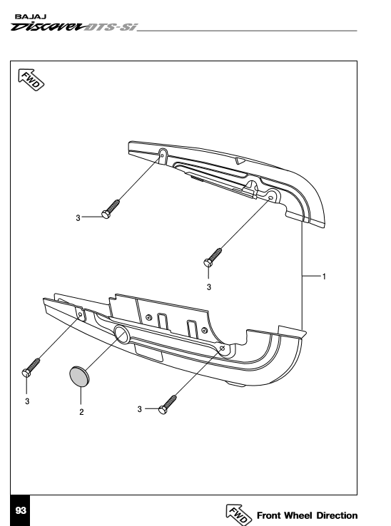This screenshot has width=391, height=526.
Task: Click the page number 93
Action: pos(21,510)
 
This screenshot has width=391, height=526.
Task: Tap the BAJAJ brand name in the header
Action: pos(31,17)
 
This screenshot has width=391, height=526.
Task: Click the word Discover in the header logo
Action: pos(47,27)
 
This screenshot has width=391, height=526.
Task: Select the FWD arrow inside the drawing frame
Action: pos(31,80)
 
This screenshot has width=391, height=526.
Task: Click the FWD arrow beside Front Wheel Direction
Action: pos(238,515)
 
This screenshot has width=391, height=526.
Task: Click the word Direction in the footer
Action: pos(337,515)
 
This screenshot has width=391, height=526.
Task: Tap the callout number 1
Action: pos(324,277)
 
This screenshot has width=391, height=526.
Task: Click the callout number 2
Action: pos(81,412)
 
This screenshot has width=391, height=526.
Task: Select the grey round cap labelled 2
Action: pos(80,376)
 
